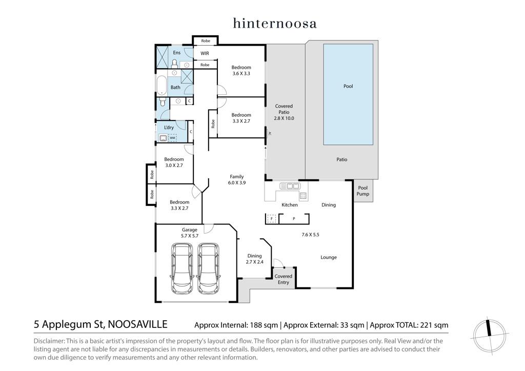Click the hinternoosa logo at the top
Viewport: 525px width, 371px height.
click(x=275, y=23)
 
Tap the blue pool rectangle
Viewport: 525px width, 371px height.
click(x=348, y=94)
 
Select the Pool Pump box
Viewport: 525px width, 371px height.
click(x=363, y=191)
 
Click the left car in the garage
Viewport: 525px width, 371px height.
click(x=182, y=269)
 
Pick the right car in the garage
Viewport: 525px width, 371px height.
click(x=209, y=269)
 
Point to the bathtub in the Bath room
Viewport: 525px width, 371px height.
click(x=161, y=85)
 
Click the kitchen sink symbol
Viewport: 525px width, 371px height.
click(x=290, y=186)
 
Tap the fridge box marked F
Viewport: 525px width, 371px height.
click(x=272, y=219)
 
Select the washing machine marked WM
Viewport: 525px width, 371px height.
click(x=172, y=138)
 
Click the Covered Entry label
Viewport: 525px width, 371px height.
click(x=283, y=279)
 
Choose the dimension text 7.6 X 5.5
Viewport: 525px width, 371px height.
click(x=310, y=235)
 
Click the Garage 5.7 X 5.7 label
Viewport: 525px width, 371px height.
click(x=190, y=233)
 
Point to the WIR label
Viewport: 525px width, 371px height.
click(x=205, y=53)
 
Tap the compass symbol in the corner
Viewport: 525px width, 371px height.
click(x=489, y=335)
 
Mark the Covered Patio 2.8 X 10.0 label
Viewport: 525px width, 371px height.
click(x=284, y=112)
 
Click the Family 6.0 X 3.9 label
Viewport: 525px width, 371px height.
click(x=237, y=180)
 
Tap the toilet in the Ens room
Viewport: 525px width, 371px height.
click(x=174, y=63)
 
